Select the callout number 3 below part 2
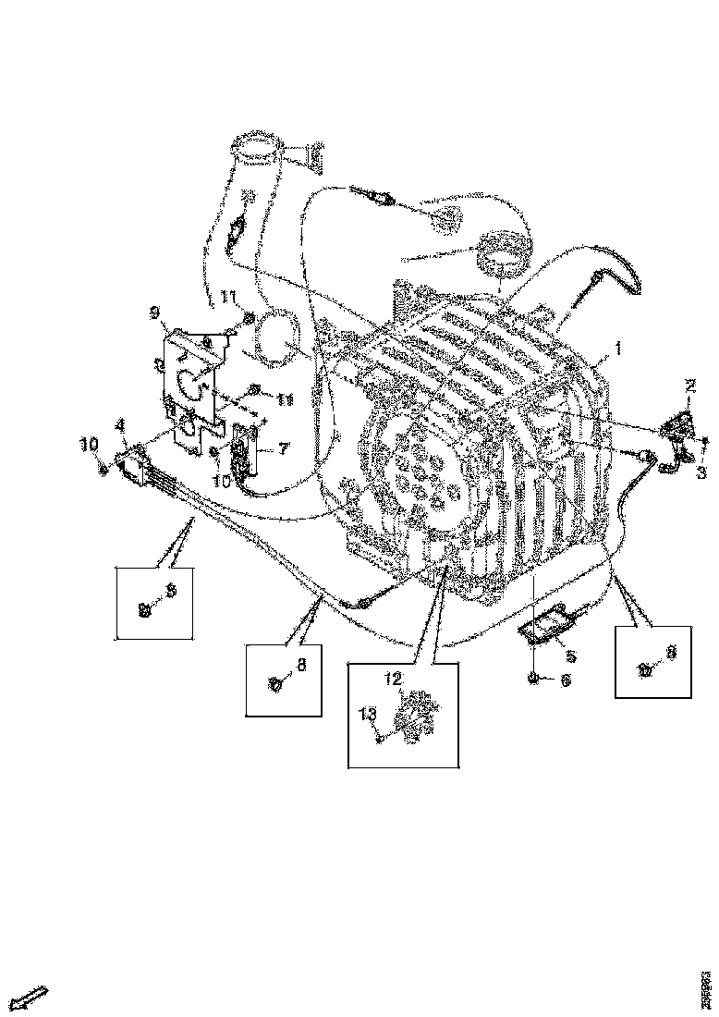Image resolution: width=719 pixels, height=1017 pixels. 701,472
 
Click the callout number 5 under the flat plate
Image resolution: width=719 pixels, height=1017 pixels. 570,657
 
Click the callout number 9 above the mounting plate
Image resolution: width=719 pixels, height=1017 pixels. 153,312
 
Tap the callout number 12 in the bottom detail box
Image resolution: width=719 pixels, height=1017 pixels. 394,679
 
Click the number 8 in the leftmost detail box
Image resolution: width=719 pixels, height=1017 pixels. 170,587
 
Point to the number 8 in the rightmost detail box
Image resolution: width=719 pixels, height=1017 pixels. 672,652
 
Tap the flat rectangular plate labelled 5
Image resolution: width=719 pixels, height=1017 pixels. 545,630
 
